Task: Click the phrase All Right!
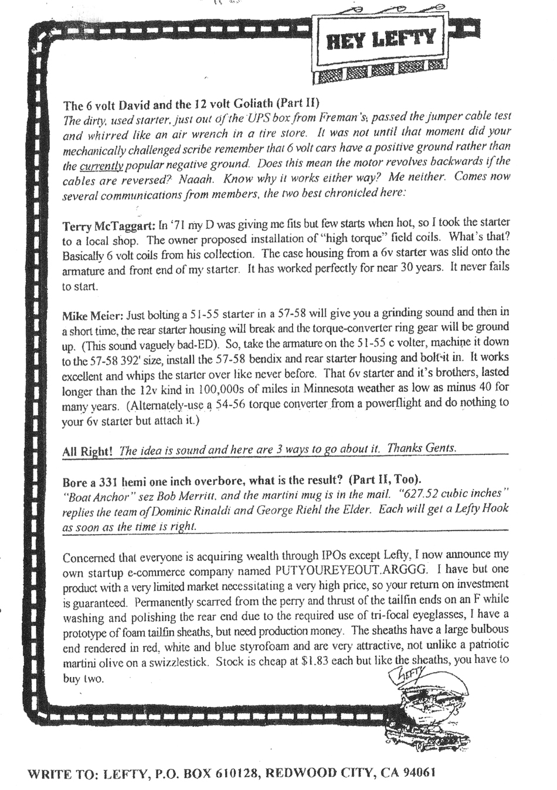pyautogui.click(x=87, y=452)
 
